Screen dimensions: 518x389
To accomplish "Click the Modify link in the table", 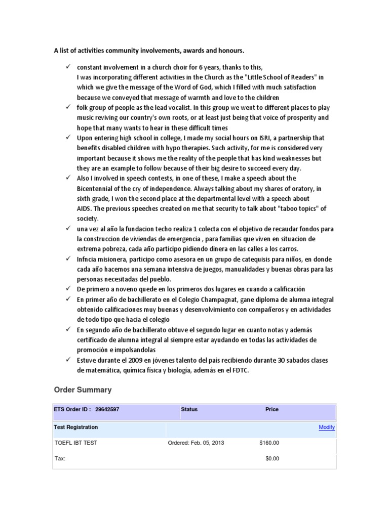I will pyautogui.click(x=326, y=427).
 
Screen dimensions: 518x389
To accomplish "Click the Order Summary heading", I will pyautogui.click(x=83, y=390).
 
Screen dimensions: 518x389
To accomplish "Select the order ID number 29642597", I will pyautogui.click(x=107, y=409).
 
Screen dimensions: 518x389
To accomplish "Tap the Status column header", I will pyautogui.click(x=189, y=409).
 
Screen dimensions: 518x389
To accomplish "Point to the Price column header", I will pyautogui.click(x=271, y=409).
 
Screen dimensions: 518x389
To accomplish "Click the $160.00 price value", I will pyautogui.click(x=268, y=443).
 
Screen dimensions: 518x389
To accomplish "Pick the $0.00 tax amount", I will pyautogui.click(x=272, y=459).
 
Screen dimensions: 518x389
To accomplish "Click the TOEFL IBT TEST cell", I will pyautogui.click(x=76, y=443).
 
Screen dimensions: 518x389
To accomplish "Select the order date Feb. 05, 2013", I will pyautogui.click(x=196, y=443).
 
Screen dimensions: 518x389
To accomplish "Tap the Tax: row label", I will pyautogui.click(x=60, y=459).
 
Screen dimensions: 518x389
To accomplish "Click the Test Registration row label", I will pyautogui.click(x=76, y=427).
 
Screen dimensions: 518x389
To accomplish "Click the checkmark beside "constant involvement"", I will pyautogui.click(x=67, y=67).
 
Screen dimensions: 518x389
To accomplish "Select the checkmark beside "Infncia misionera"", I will pyautogui.click(x=67, y=259).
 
